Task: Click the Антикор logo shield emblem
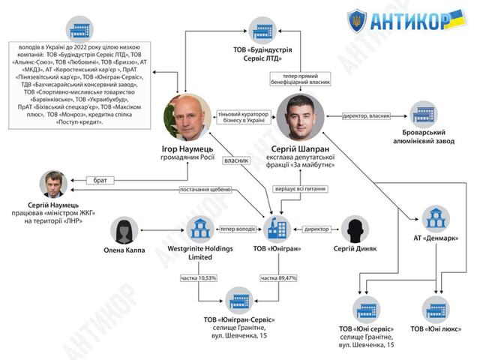[357, 19]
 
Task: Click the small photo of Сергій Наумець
[53, 184]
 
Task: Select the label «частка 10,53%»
[199, 278]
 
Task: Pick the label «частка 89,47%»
[279, 278]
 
